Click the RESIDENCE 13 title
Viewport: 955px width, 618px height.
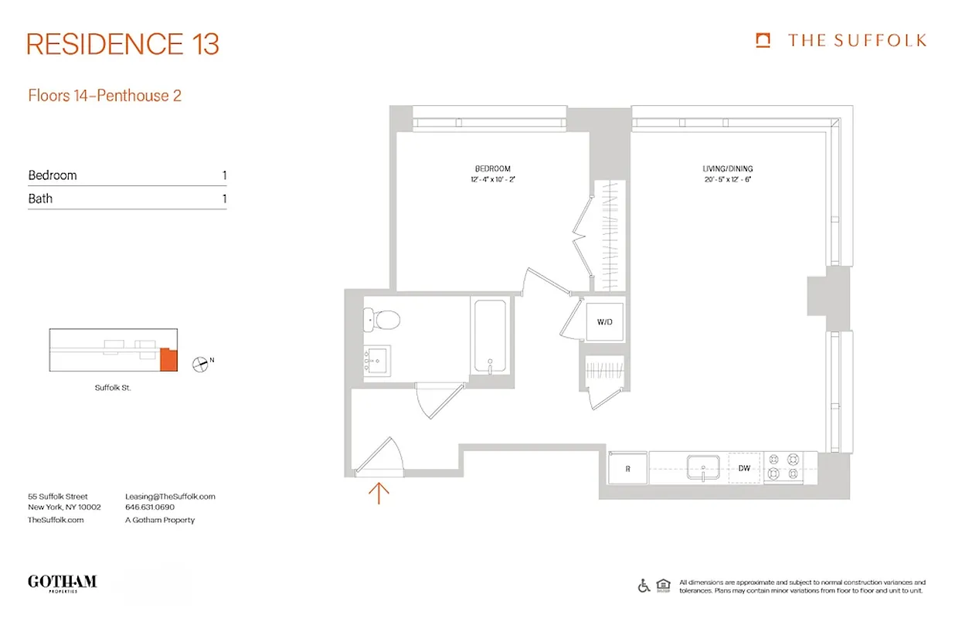click(x=123, y=44)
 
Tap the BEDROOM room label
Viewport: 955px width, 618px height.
click(x=492, y=168)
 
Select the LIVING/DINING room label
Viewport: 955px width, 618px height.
click(x=727, y=168)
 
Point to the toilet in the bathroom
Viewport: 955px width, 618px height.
click(x=382, y=318)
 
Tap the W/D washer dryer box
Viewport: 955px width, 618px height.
click(x=604, y=321)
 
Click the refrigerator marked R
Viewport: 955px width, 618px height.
click(x=627, y=468)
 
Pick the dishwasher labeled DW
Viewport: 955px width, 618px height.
click(x=745, y=468)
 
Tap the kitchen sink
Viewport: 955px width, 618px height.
click(x=703, y=467)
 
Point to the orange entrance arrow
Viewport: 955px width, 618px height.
click(x=379, y=492)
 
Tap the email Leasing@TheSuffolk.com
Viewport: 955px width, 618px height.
click(x=170, y=497)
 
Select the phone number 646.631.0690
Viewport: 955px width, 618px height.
click(x=150, y=508)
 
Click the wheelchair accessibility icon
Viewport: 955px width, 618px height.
click(x=644, y=586)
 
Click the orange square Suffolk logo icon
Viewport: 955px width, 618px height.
click(x=763, y=40)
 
